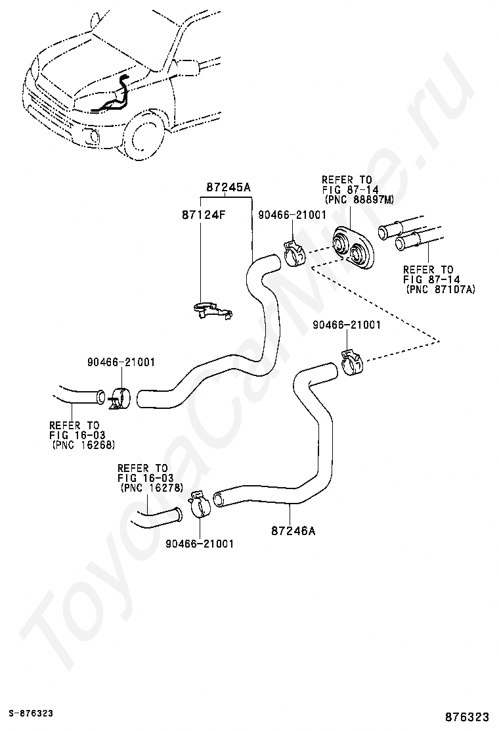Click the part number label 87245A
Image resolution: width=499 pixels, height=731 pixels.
tap(228, 187)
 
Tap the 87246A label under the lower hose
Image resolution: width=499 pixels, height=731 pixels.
tap(293, 531)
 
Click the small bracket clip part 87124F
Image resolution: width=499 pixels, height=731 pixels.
tap(212, 311)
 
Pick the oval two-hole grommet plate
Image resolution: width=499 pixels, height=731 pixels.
tap(355, 247)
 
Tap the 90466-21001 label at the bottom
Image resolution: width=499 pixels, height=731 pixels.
tap(199, 544)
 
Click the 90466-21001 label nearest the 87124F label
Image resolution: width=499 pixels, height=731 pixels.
tap(292, 214)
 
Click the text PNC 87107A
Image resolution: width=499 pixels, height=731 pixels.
tap(441, 289)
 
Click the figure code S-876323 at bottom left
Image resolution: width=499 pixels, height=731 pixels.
tap(30, 713)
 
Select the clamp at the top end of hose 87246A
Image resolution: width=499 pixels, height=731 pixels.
tap(352, 362)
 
